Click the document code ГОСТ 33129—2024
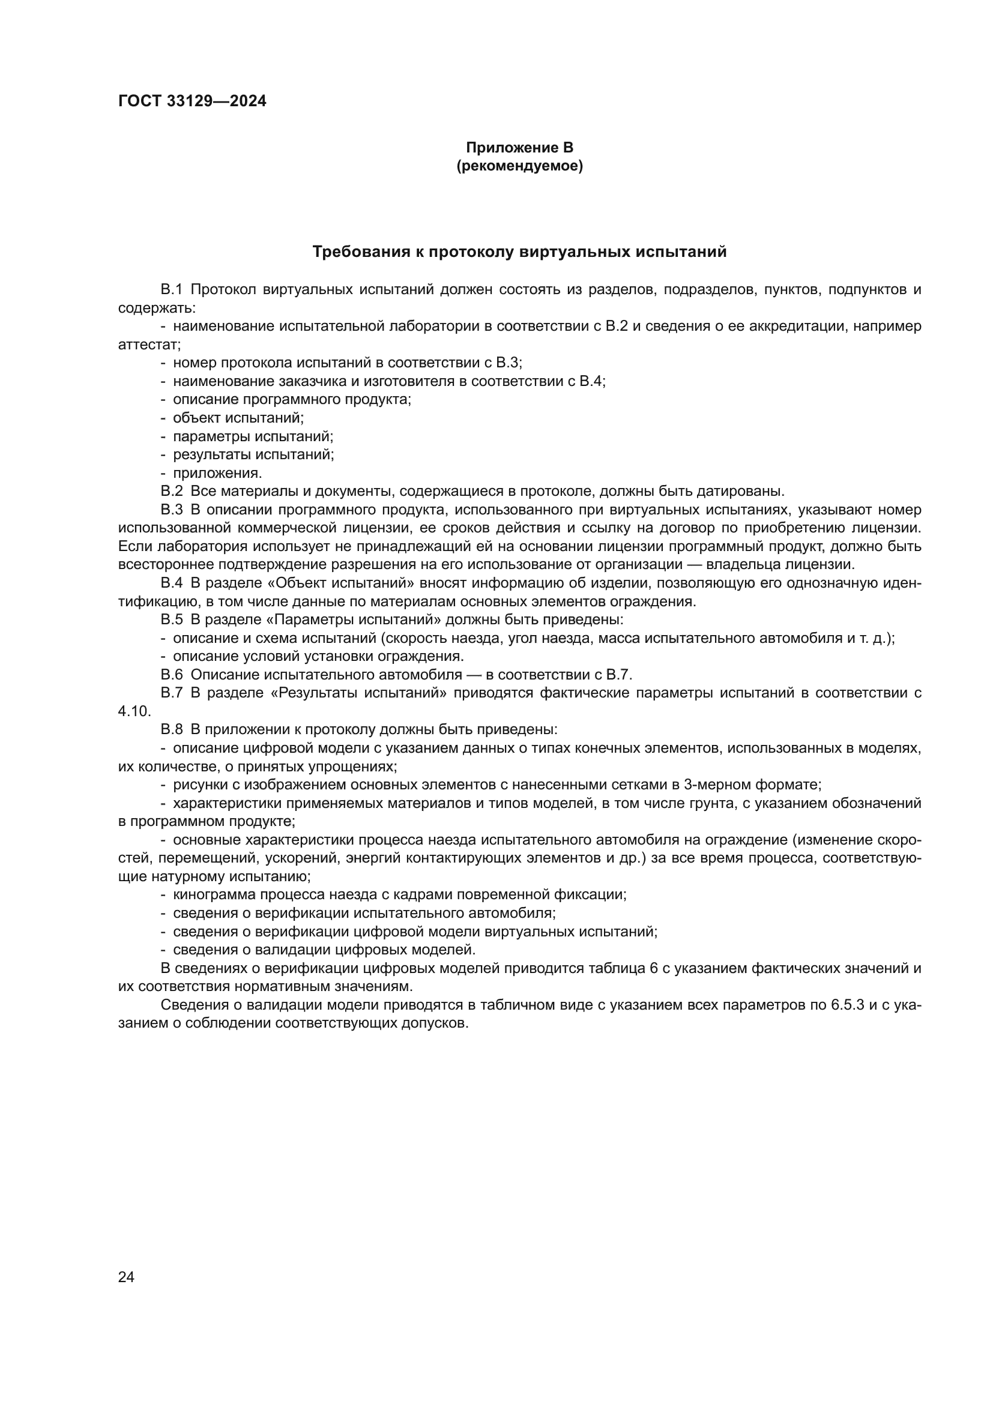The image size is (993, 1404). click(x=192, y=101)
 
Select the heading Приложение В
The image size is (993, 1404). click(x=519, y=148)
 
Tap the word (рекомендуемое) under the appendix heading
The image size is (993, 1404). click(x=519, y=166)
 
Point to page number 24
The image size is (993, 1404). click(x=126, y=1277)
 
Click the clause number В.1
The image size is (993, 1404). click(x=172, y=290)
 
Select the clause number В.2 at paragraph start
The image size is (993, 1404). click(x=172, y=491)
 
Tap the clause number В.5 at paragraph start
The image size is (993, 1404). click(x=172, y=619)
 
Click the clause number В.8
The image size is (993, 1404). click(x=172, y=729)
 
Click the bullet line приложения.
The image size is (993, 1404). click(x=217, y=472)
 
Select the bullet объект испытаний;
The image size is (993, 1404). click(x=238, y=418)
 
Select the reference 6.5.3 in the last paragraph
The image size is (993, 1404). click(x=847, y=1005)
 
